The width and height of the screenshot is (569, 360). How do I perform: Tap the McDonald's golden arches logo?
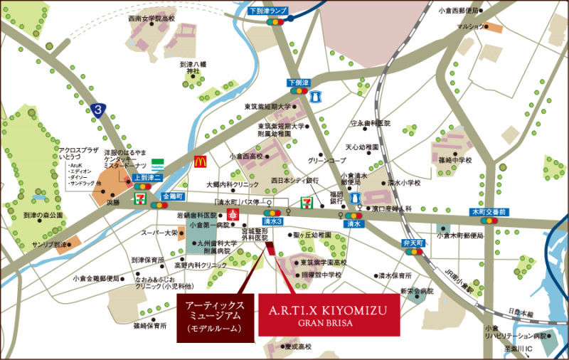tap(201, 162)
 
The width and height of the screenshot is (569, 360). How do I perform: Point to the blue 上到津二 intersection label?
tap(147, 177)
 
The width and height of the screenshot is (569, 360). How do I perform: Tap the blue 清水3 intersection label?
tap(271, 222)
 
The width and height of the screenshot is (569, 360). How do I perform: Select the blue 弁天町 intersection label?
tap(413, 243)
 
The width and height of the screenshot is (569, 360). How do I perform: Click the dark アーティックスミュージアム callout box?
tap(215, 316)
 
